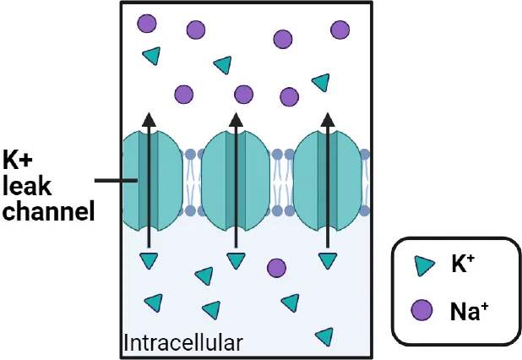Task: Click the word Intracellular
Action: (183, 343)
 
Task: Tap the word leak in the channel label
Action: (28, 184)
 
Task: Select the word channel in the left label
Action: (47, 210)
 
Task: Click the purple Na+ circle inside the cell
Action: (276, 267)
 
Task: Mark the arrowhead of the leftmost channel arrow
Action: (149, 119)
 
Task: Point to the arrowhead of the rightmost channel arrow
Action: (327, 119)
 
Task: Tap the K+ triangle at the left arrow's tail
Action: (149, 259)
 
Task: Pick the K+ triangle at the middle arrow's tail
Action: (236, 260)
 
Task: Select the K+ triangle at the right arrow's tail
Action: (327, 260)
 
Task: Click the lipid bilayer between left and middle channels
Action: (191, 182)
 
